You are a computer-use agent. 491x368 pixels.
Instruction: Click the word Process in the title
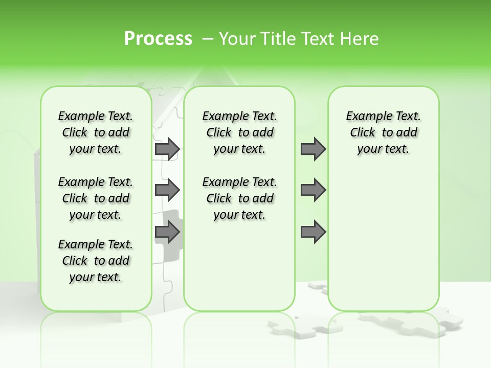[x=158, y=38]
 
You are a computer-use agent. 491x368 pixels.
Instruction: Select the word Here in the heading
[x=361, y=38]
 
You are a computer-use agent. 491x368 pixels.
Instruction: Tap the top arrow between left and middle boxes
[x=167, y=149]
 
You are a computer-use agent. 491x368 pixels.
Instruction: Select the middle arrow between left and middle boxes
[x=167, y=190]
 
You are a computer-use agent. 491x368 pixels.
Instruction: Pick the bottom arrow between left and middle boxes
[x=167, y=232]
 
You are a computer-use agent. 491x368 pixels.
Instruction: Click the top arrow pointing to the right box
[x=313, y=149]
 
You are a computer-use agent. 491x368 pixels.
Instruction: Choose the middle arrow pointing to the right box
[x=313, y=190]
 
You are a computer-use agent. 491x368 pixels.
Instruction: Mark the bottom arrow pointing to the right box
[x=313, y=232]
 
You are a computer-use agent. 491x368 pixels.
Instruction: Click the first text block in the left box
[x=96, y=132]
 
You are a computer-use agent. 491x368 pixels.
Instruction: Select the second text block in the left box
[x=96, y=198]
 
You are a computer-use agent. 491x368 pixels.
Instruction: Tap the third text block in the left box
[x=96, y=261]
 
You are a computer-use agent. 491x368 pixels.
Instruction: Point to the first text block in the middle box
[x=240, y=132]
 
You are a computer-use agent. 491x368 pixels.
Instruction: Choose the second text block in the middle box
[x=240, y=198]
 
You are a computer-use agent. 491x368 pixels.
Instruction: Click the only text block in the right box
[x=384, y=132]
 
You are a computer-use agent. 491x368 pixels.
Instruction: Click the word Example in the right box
[x=366, y=117]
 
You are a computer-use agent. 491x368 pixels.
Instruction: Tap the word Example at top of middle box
[x=222, y=117]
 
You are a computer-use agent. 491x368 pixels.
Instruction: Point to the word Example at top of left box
[x=78, y=117]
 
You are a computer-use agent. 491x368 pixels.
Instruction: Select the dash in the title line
[x=208, y=38]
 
